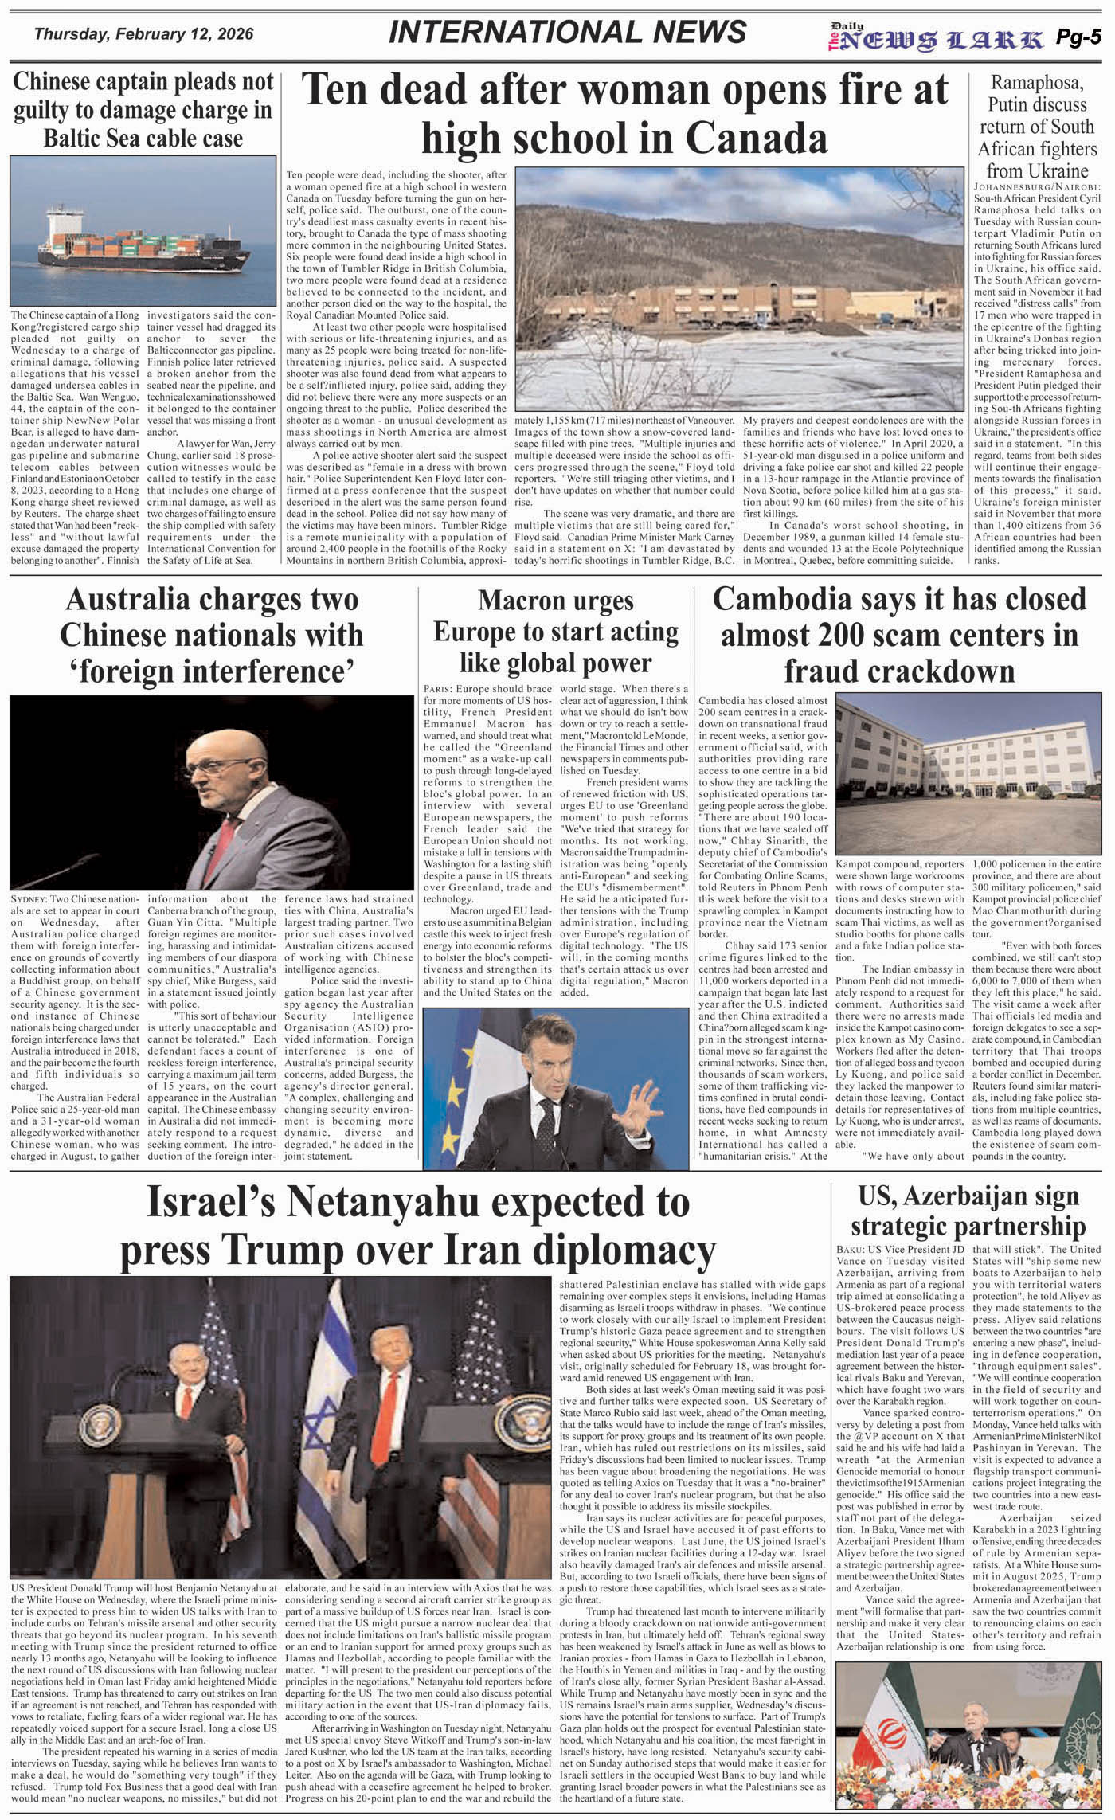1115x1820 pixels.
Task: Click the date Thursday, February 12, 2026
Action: (143, 34)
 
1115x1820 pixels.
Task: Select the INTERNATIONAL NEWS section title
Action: (568, 32)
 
